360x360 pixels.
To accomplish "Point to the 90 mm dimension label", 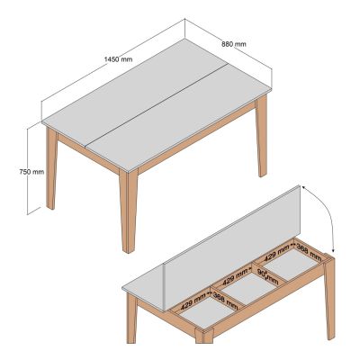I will [266, 273].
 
